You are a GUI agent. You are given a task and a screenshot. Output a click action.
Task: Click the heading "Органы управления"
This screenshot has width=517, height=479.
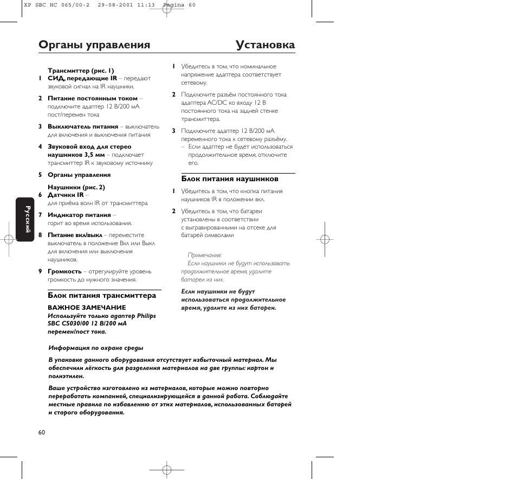point(94,45)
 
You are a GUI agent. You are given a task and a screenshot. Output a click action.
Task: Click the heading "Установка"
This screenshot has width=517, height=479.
point(266,45)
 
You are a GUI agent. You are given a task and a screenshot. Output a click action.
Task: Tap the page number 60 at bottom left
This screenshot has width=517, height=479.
point(42,432)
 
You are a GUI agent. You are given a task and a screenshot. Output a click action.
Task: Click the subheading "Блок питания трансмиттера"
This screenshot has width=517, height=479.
point(101,296)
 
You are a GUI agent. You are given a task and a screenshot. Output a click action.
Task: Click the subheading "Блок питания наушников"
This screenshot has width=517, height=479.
point(229,178)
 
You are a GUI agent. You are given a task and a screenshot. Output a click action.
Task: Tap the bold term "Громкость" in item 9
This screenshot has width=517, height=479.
point(64,271)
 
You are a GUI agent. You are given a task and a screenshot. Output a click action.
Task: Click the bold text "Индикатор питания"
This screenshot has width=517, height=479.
point(79,215)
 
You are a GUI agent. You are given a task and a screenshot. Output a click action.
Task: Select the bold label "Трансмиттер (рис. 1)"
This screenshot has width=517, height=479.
point(81,70)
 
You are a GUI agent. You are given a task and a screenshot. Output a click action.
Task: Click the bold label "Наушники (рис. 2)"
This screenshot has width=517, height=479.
point(76,187)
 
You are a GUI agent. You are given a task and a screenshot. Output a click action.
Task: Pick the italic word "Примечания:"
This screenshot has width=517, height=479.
point(204,255)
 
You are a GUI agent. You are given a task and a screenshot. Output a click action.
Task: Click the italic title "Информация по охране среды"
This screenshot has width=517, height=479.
point(96,348)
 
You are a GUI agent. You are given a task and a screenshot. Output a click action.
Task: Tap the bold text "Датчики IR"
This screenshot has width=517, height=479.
point(66,195)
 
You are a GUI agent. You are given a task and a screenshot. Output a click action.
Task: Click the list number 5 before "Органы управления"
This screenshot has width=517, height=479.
point(40,175)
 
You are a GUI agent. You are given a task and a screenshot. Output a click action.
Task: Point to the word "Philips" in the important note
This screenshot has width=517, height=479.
point(146,316)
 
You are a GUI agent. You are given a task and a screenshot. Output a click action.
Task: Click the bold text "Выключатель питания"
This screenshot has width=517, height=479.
point(83,126)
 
